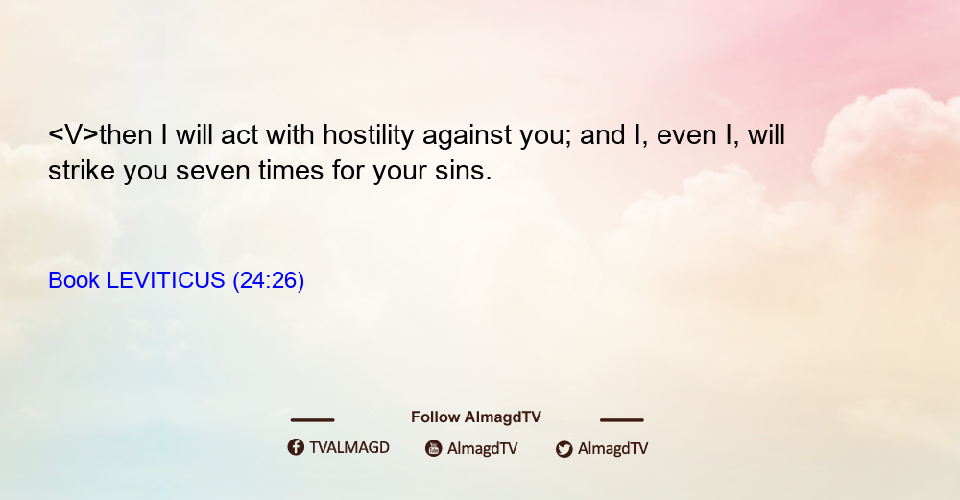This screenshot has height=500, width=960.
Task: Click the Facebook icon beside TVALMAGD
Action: click(296, 447)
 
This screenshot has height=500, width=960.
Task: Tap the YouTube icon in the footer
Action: click(434, 448)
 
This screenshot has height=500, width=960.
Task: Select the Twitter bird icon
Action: click(564, 449)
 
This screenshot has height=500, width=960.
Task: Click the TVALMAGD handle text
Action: click(349, 447)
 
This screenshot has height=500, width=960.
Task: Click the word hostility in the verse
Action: click(368, 135)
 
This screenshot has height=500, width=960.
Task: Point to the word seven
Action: click(212, 171)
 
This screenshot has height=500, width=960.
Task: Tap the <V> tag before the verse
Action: click(73, 134)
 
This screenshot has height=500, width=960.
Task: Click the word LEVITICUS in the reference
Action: click(166, 280)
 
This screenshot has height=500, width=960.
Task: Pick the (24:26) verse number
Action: click(268, 281)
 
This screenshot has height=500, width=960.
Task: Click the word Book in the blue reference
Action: click(74, 280)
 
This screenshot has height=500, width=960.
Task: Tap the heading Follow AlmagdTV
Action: click(476, 417)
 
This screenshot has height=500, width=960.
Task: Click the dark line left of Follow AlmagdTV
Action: click(312, 420)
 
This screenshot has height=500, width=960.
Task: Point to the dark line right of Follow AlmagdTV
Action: click(621, 420)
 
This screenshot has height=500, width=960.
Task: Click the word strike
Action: click(82, 171)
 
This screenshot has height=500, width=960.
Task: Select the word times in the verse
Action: click(291, 171)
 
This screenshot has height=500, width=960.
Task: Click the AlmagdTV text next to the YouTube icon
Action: click(483, 449)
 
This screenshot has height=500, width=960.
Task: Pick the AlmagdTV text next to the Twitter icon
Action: click(612, 449)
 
